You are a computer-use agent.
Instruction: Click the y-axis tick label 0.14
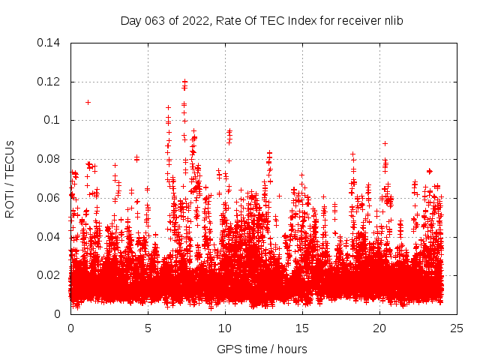tap(51, 43)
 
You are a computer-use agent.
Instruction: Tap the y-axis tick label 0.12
tap(51, 82)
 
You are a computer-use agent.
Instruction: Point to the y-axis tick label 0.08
tap(51, 159)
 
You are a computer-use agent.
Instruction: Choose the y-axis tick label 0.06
tap(51, 198)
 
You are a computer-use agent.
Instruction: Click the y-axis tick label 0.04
tap(51, 237)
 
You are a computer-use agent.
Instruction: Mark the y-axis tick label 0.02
tap(51, 275)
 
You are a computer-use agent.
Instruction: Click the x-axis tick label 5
tap(148, 328)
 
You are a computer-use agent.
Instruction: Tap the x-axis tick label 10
tap(225, 328)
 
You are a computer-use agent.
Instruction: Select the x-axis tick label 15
tap(302, 328)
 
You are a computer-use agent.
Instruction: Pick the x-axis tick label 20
tap(379, 328)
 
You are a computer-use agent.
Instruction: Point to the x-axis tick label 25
tap(457, 328)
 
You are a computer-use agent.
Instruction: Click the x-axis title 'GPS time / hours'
tap(262, 349)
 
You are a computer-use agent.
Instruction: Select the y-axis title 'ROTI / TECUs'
tap(10, 178)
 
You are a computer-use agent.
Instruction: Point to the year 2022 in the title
tap(191, 21)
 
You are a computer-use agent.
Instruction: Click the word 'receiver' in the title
tap(357, 21)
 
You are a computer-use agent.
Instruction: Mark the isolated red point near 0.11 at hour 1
tap(88, 102)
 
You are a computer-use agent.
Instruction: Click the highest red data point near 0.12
tap(184, 81)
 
